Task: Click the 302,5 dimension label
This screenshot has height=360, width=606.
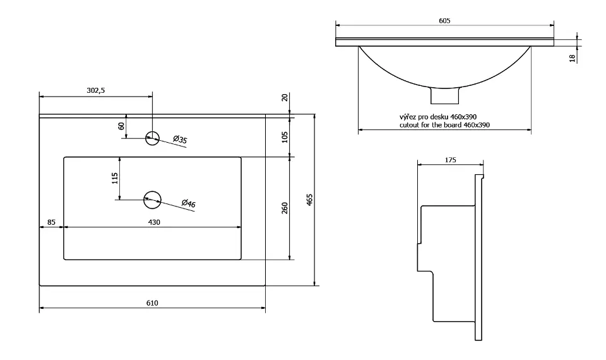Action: (95, 90)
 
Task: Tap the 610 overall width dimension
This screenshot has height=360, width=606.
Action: (152, 303)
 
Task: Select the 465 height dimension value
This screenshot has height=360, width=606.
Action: (309, 200)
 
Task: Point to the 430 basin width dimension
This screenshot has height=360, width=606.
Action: (153, 222)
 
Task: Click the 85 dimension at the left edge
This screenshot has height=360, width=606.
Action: (51, 222)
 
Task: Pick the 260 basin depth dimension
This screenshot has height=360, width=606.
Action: (285, 208)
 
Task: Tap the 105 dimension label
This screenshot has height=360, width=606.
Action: (285, 136)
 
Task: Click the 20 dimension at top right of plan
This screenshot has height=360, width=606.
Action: (285, 97)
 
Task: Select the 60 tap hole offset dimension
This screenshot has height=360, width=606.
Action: (121, 126)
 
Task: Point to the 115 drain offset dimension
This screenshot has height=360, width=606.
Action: (115, 179)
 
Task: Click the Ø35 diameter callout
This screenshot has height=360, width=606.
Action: (180, 140)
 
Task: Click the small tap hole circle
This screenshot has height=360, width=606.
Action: (152, 138)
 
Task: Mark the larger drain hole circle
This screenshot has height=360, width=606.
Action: (152, 200)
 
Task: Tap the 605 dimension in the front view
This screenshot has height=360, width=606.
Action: (444, 21)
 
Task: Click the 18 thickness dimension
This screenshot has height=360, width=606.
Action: (573, 57)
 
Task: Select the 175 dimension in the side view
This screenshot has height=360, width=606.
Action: (450, 160)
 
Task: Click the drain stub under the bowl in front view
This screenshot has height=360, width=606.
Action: (444, 95)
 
